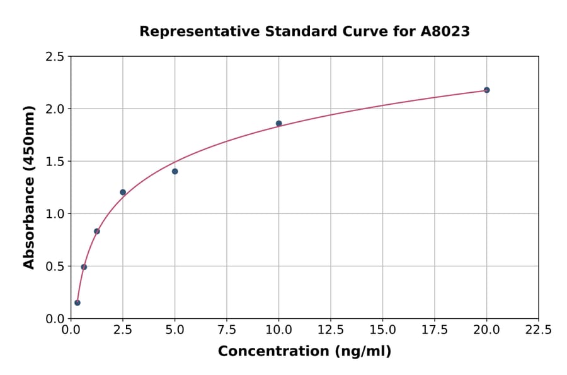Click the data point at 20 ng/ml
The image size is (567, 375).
point(486,90)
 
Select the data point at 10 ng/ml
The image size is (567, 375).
point(278,123)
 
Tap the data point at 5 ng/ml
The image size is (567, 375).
point(175,171)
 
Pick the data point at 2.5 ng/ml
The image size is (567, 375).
point(123,192)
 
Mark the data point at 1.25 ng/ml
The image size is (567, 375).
point(97,231)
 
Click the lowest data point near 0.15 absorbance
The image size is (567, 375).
point(77,302)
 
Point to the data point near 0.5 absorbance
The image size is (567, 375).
point(84,267)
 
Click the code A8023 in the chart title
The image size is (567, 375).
point(445,31)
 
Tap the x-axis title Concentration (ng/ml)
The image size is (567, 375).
point(304,352)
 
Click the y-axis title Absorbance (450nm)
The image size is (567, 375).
point(29,187)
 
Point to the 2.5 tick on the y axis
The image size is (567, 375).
point(55,57)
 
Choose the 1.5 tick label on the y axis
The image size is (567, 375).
point(55,162)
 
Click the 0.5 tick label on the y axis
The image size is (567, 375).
point(55,266)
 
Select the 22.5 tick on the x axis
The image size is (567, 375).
point(538,330)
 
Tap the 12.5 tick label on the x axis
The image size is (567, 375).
point(330,330)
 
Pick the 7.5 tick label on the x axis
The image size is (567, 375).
point(227,330)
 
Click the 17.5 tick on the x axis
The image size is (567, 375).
point(434,330)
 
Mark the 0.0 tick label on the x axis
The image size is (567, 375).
point(71,330)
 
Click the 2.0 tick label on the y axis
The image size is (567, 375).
point(55,109)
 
